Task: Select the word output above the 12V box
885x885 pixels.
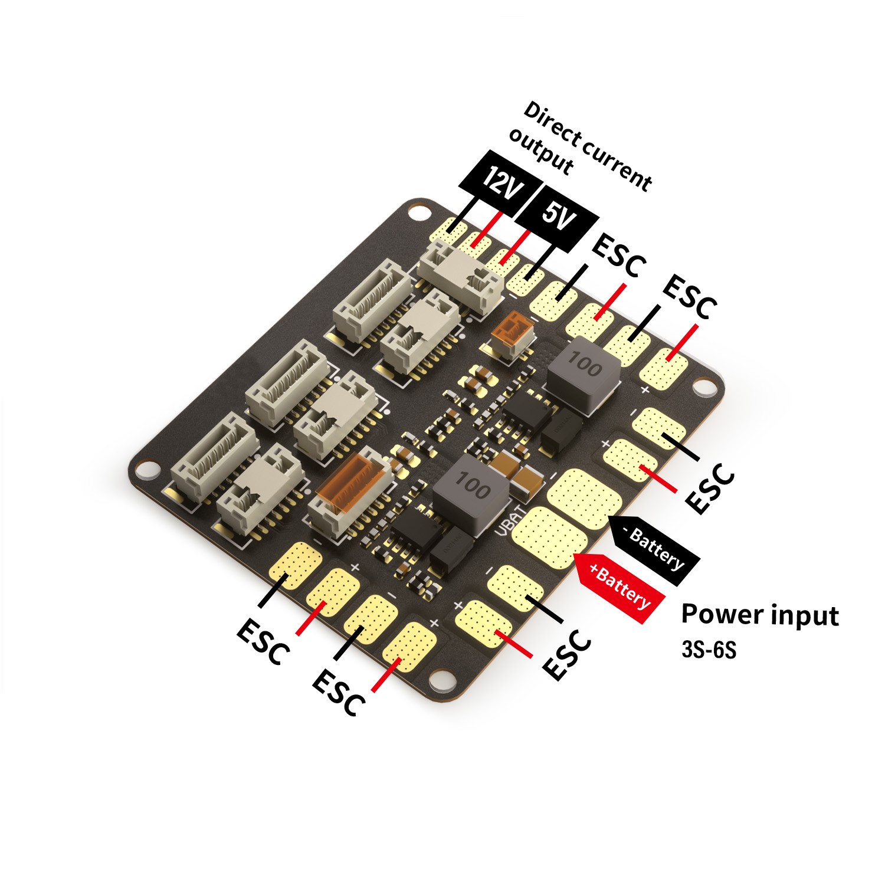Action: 540,152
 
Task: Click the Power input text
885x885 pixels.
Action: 759,614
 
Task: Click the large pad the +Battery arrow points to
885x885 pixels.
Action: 548,534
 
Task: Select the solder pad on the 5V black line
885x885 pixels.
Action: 526,277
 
